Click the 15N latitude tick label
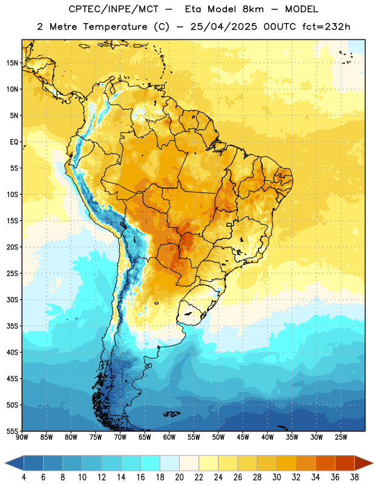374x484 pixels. [12, 63]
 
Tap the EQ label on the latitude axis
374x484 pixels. [14, 142]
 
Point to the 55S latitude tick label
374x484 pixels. [12, 431]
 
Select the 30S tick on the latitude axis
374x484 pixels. [12, 299]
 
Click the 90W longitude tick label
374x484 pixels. [22, 437]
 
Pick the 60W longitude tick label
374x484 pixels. [169, 437]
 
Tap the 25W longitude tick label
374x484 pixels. [341, 437]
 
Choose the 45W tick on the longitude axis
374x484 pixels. [243, 437]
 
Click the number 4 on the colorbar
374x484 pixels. [24, 477]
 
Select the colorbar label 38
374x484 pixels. [355, 477]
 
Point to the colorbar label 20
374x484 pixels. [179, 477]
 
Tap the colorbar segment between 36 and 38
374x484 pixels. [345, 463]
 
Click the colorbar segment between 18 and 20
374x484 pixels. [169, 463]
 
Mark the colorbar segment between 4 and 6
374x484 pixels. [33, 463]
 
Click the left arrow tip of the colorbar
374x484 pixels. [5, 463]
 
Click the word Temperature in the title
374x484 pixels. [115, 27]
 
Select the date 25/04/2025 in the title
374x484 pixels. [223, 27]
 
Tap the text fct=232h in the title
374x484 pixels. [326, 27]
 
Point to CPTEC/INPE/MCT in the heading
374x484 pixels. [114, 9]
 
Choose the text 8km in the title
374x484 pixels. [253, 9]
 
